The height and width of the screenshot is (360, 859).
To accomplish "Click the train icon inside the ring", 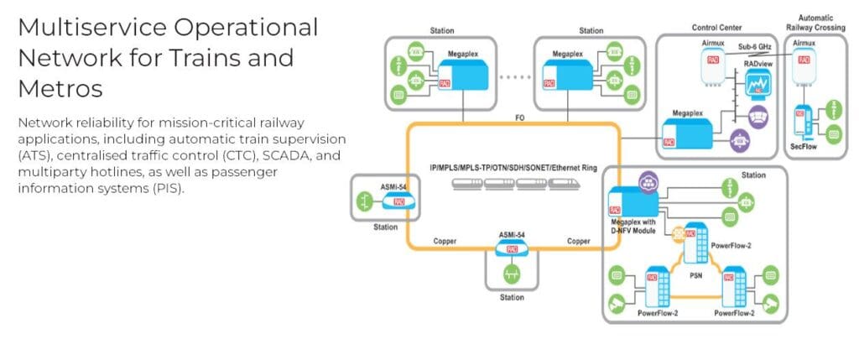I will tap(513, 184).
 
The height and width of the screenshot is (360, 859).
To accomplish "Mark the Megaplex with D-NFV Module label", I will tap(636, 227).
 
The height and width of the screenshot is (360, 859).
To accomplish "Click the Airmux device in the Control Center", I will tap(711, 65).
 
